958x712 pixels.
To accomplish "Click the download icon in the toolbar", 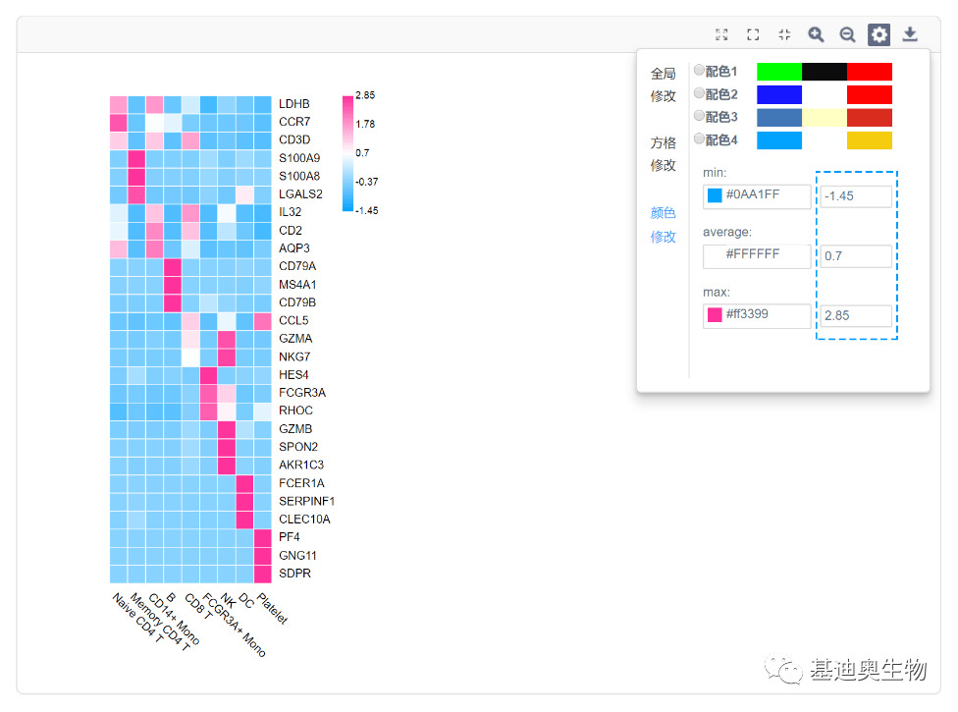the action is pos(910,34).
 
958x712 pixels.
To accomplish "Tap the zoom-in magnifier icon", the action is pos(816,34).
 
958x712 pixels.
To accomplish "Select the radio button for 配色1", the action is pos(699,71).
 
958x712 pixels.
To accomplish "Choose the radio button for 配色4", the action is pos(699,138).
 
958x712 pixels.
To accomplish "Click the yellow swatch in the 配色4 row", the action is pos(869,140).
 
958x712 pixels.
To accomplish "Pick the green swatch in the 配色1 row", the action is pos(779,72).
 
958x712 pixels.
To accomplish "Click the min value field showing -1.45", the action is pos(855,196).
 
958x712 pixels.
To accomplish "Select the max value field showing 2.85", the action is pos(855,315).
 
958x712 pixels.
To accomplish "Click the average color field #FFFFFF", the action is pos(757,256).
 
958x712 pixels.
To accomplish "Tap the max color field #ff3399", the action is pos(757,315).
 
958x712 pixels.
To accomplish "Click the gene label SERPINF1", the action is pos(306,501).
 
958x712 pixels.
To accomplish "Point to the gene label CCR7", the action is pos(294,122).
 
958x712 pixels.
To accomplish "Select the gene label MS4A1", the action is pos(297,284).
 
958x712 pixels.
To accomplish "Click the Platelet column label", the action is pos(273,608).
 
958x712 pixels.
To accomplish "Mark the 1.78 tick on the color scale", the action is pos(365,124).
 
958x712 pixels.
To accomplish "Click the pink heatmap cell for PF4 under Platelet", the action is pos(263,538).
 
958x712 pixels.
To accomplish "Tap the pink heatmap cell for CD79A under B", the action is pos(173,267).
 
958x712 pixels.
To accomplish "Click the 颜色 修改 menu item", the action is pos(663,224).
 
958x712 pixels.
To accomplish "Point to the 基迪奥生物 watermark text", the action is pos(868,670).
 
